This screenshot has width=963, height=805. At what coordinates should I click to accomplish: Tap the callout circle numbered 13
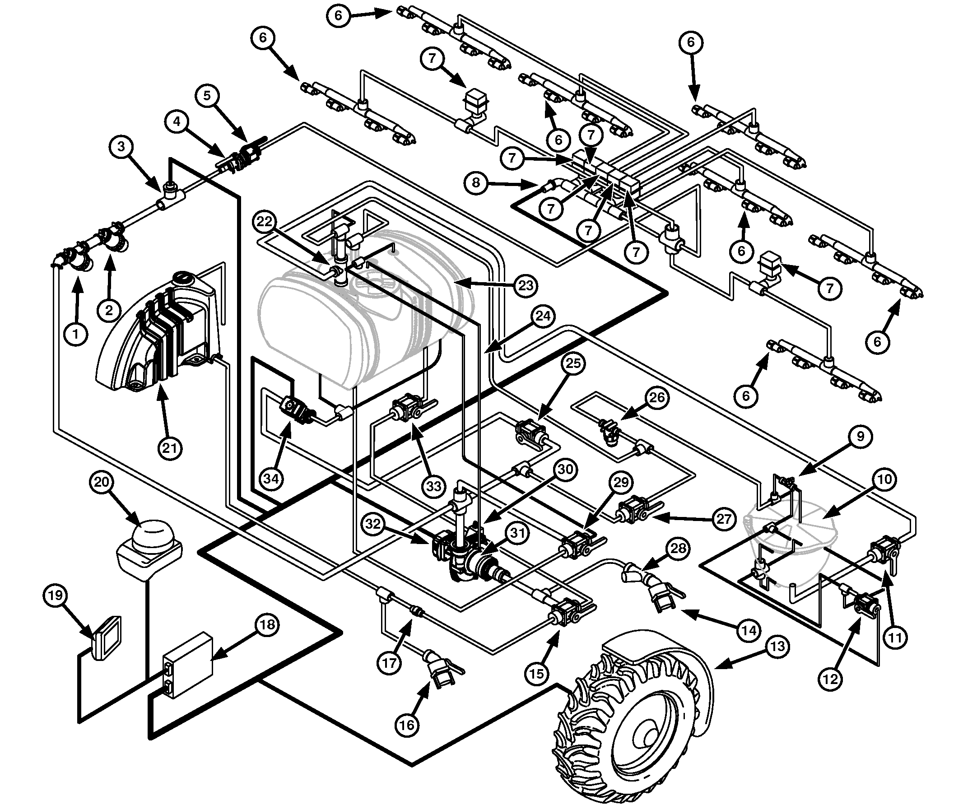777,646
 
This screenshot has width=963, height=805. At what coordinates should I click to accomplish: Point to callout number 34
271,479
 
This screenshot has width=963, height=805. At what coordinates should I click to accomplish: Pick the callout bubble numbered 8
476,182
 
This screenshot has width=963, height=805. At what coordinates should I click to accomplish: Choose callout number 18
267,624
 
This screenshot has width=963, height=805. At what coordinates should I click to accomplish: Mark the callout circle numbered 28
678,549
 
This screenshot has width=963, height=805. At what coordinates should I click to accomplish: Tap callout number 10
884,480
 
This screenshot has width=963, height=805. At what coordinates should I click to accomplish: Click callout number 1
76,334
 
